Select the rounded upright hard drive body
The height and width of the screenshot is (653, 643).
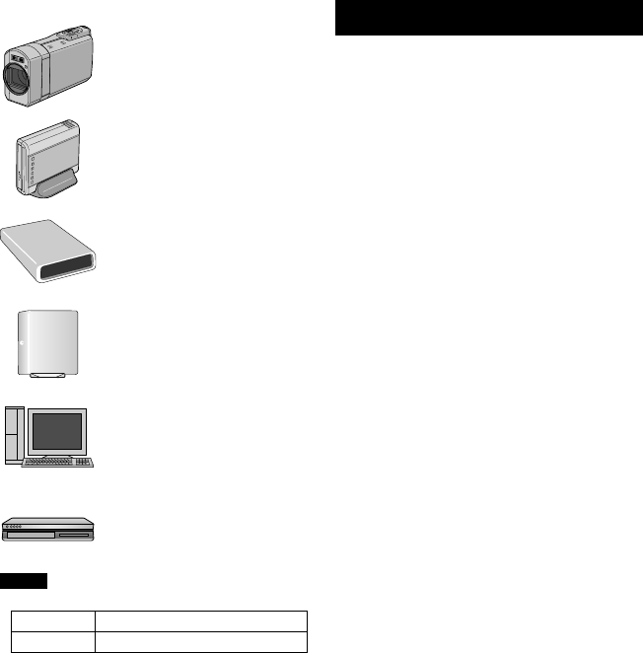tap(49, 340)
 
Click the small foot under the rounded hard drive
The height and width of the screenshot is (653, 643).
tap(46, 376)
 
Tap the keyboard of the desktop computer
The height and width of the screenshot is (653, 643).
tap(58, 462)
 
